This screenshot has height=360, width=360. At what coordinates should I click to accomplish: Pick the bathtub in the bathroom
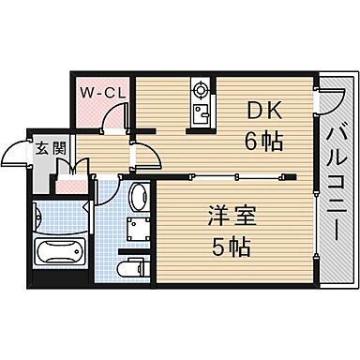pyautogui.click(x=59, y=253)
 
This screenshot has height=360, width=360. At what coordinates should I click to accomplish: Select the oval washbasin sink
pyautogui.click(x=137, y=197)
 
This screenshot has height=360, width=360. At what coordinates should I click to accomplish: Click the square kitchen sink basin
pyautogui.click(x=200, y=116)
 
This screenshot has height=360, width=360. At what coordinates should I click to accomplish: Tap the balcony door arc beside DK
pyautogui.click(x=315, y=101)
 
